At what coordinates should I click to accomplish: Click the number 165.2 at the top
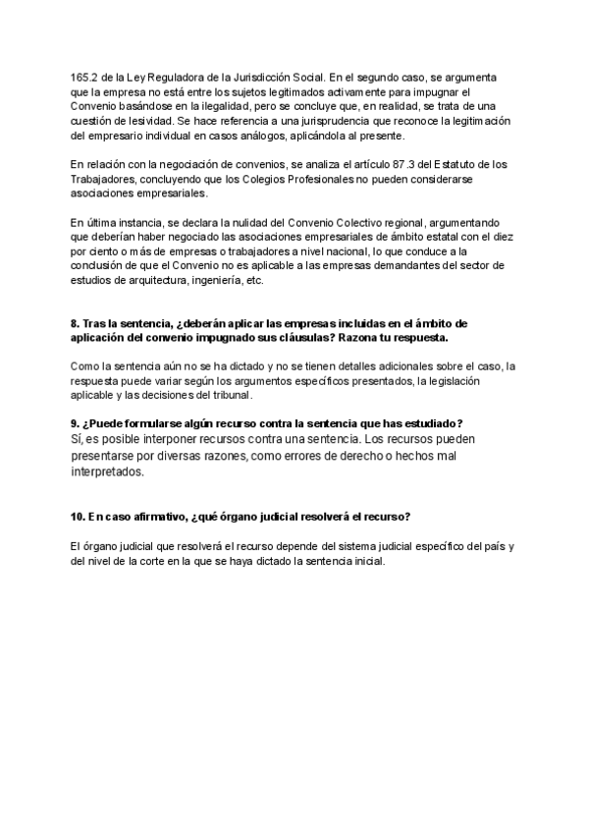coord(83,77)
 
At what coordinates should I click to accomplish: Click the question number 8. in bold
coord(76,323)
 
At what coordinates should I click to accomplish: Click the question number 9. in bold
coord(76,423)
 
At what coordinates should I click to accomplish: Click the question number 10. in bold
coord(79,517)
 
